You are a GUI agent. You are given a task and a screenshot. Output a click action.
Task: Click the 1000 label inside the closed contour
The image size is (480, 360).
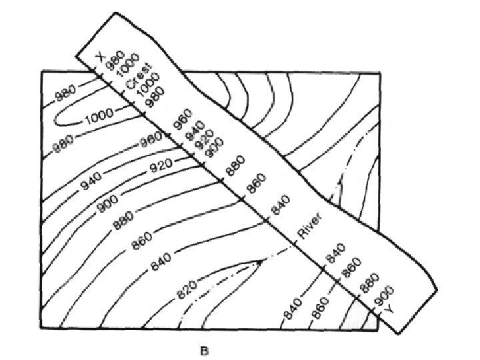point(99,117)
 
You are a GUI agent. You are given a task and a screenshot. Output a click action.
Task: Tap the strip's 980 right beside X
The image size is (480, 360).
point(115,59)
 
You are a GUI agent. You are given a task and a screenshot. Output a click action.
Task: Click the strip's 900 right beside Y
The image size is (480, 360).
point(385,293)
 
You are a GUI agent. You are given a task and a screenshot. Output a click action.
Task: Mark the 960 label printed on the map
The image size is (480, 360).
point(151,141)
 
